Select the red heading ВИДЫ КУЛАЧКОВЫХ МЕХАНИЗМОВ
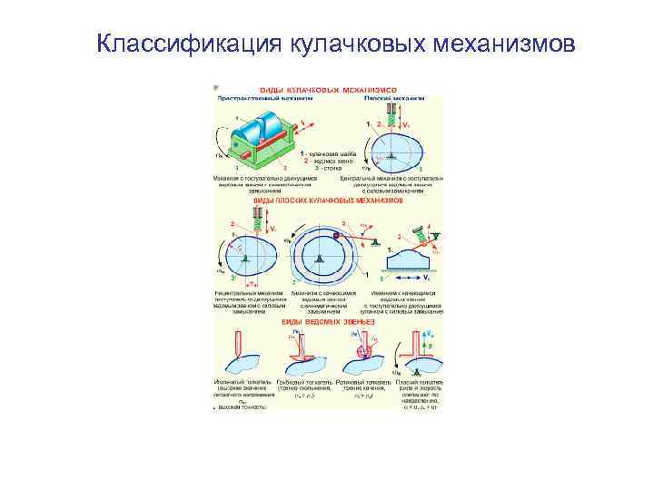(329, 91)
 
